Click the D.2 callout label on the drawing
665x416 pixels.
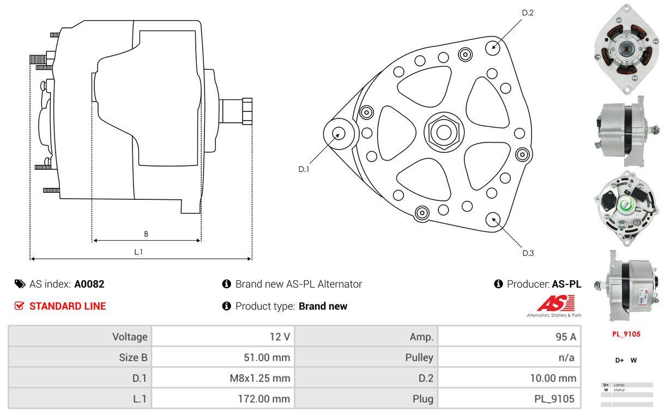(x=527, y=13)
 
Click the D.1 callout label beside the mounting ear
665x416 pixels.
(x=304, y=169)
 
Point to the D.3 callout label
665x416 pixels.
(x=528, y=253)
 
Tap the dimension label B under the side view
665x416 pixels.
(x=146, y=234)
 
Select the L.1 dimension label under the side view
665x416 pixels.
(x=138, y=252)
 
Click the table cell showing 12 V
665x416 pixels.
(x=223, y=336)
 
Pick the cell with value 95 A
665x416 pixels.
(x=510, y=336)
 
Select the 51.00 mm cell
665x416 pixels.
(x=223, y=358)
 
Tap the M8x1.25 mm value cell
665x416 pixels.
(x=223, y=378)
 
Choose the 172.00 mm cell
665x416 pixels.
(x=223, y=399)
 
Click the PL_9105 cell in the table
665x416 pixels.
(x=510, y=399)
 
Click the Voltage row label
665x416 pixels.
(x=80, y=336)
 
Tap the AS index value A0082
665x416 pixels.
(x=89, y=284)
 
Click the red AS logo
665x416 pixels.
(x=555, y=303)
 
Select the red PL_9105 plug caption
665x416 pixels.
(x=626, y=334)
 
